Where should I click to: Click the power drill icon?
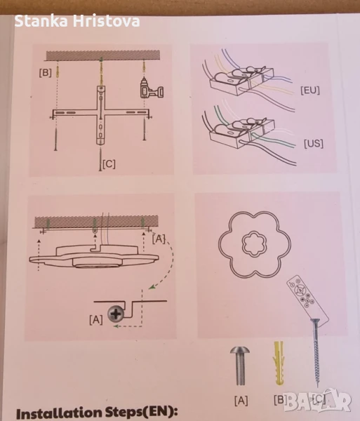pos(152,88)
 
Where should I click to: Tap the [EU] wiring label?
pos(310,91)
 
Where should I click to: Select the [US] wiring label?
pos(313,143)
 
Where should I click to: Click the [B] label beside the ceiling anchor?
pos(45,72)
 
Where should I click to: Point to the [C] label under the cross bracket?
pos(109,163)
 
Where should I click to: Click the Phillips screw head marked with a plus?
pos(116,314)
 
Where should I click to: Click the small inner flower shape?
pos(255,243)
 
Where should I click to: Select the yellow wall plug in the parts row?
pos(279,363)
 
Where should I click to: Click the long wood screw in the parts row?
pos(316,352)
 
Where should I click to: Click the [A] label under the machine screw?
pos(241,401)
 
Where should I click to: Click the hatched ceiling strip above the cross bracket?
pos(103,55)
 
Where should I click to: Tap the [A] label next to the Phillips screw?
pos(96,320)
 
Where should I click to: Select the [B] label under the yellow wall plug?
pos(280,400)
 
